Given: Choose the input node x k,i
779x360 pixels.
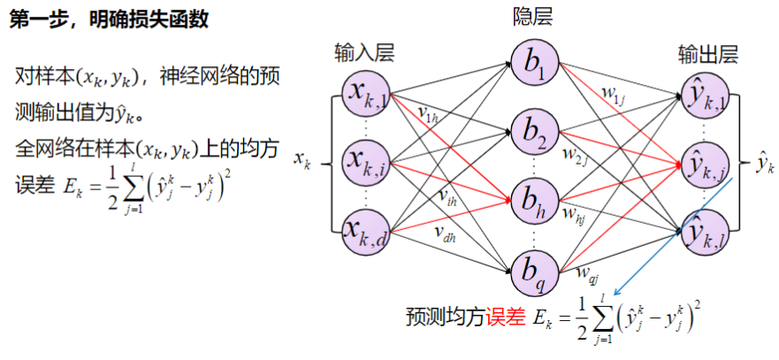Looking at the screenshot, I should tap(365, 162).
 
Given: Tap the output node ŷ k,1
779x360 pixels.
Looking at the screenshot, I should tap(706, 95).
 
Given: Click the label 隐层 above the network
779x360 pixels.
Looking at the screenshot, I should tap(535, 16).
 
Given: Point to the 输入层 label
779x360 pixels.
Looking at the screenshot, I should tap(363, 52).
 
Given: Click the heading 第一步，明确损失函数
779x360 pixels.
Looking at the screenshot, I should tap(109, 19).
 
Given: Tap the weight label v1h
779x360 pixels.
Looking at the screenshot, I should tap(429, 114).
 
